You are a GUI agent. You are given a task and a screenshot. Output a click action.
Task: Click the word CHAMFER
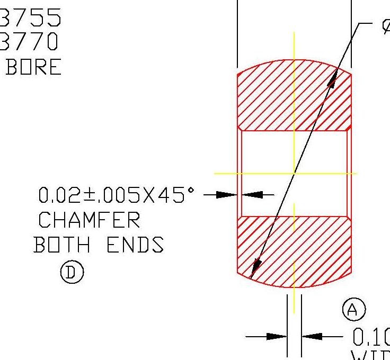(90, 220)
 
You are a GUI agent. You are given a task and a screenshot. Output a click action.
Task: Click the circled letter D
(72, 273)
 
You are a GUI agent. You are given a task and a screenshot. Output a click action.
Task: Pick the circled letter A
(354, 309)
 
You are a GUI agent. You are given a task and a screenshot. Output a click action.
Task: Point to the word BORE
(33, 67)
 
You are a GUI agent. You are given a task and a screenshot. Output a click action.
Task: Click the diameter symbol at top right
(385, 26)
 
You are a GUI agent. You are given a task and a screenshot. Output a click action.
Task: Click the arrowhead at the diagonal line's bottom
(255, 268)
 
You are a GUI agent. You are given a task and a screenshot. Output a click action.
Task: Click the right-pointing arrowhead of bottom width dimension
(276, 336)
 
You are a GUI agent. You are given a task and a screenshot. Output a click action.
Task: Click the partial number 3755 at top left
(31, 18)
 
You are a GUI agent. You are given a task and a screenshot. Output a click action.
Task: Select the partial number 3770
(31, 41)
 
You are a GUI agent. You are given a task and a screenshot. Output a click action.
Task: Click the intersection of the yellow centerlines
(294, 173)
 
